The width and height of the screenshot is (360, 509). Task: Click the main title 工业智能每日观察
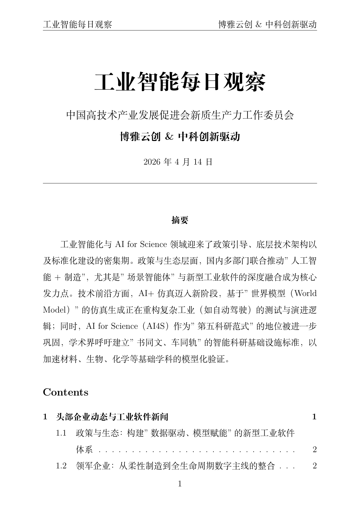[180, 82]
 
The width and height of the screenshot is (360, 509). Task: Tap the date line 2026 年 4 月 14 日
[178, 162]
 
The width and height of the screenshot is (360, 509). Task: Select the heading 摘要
[180, 220]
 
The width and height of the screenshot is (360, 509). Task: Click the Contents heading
[66, 392]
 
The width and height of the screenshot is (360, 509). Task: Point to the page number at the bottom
[180, 484]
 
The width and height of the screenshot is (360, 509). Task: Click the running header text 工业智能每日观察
[77, 25]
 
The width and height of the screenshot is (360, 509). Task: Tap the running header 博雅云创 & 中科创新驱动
[267, 25]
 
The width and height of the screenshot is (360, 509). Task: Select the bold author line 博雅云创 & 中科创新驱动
[180, 136]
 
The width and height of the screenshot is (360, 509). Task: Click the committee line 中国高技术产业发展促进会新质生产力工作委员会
[180, 115]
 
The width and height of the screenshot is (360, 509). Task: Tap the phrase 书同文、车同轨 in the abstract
[169, 343]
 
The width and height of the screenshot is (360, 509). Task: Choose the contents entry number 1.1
[61, 433]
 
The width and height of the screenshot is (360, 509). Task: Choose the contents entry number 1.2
[61, 466]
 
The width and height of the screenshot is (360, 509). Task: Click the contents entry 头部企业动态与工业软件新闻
[112, 417]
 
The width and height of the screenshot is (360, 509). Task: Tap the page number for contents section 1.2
[314, 466]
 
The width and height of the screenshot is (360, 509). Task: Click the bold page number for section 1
[314, 417]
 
